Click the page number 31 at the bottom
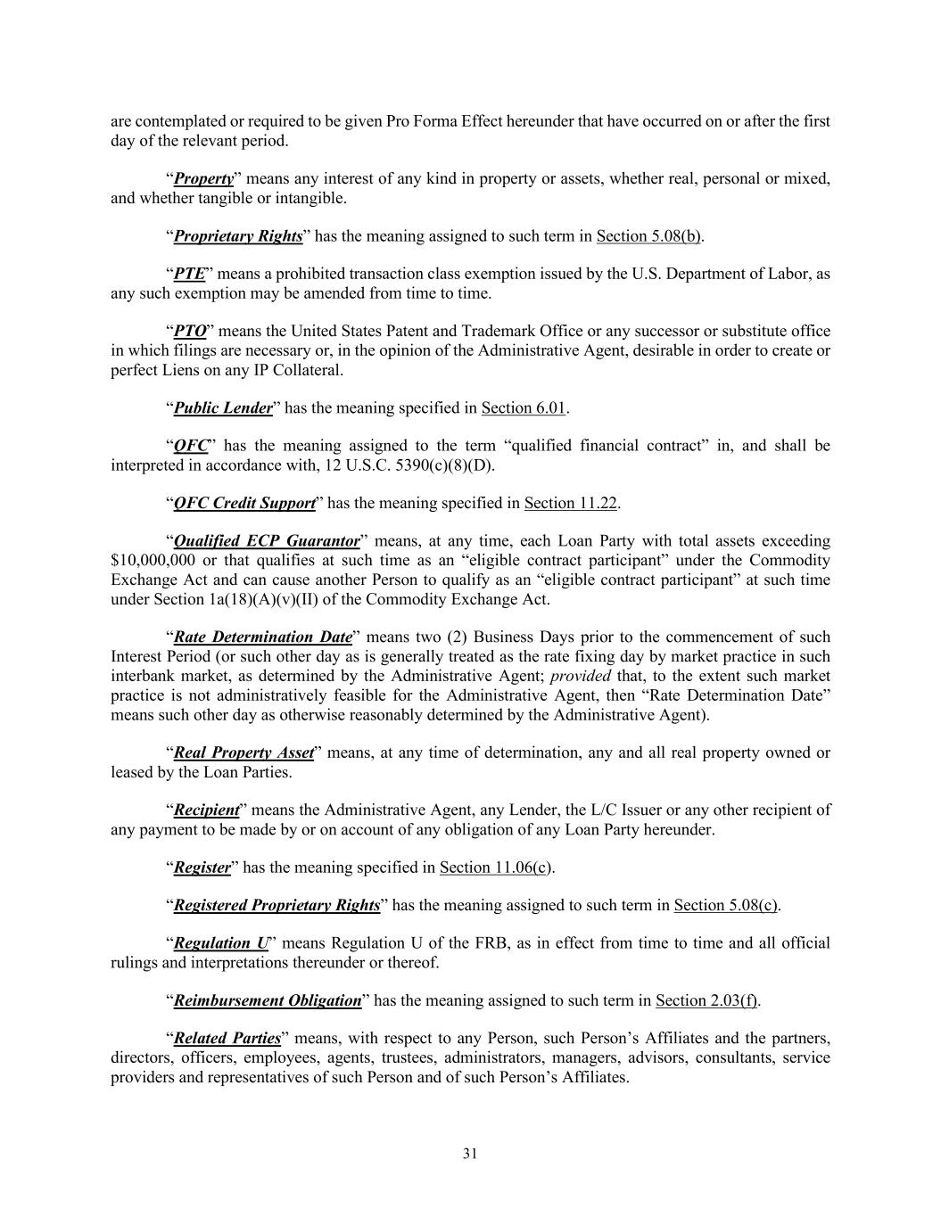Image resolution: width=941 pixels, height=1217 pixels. click(x=470, y=1154)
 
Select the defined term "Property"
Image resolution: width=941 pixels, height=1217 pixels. click(x=203, y=179)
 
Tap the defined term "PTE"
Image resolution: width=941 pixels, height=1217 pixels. click(x=189, y=275)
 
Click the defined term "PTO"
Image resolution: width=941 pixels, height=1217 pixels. click(x=190, y=332)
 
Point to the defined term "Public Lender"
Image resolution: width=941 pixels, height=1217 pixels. click(x=222, y=408)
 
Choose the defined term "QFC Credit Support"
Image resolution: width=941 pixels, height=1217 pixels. click(x=244, y=504)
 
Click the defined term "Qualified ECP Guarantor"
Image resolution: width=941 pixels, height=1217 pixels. click(x=266, y=542)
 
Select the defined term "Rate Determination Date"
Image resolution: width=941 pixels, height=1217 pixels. click(x=262, y=637)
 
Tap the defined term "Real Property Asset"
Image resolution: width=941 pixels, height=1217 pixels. click(x=244, y=753)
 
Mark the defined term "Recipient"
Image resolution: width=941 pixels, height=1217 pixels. click(x=206, y=810)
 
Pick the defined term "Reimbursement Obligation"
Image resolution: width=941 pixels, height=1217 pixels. click(x=267, y=1001)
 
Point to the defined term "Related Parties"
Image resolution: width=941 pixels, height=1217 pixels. click(x=227, y=1039)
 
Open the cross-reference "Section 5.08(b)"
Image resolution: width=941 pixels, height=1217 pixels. click(x=649, y=236)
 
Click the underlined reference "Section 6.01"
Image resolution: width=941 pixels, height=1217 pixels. click(x=524, y=408)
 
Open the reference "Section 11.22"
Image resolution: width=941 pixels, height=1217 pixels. click(x=571, y=504)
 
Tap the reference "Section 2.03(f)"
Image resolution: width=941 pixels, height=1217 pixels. click(x=706, y=1001)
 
